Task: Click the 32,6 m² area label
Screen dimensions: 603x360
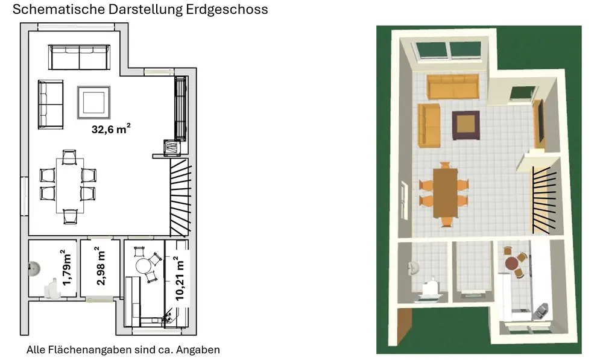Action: click(111, 128)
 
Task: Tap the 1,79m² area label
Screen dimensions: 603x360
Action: click(66, 268)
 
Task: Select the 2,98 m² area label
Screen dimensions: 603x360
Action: click(99, 266)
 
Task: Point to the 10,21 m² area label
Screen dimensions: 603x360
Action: click(179, 278)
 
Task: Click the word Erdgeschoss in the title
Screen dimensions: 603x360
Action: click(227, 9)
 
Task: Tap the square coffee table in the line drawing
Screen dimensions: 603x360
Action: click(94, 103)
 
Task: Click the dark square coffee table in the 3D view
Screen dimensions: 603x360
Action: click(466, 125)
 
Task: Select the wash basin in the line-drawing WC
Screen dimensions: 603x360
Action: click(34, 268)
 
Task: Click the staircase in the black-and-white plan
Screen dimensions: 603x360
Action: click(180, 197)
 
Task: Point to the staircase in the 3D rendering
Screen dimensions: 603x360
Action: click(545, 200)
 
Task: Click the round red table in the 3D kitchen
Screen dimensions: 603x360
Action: click(512, 264)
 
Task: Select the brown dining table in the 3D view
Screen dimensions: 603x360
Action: click(446, 193)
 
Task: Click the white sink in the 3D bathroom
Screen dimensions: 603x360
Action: click(412, 268)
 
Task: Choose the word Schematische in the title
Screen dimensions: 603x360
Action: click(59, 9)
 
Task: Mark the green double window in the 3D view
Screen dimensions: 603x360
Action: click(448, 51)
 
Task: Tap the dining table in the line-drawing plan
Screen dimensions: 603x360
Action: click(70, 185)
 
